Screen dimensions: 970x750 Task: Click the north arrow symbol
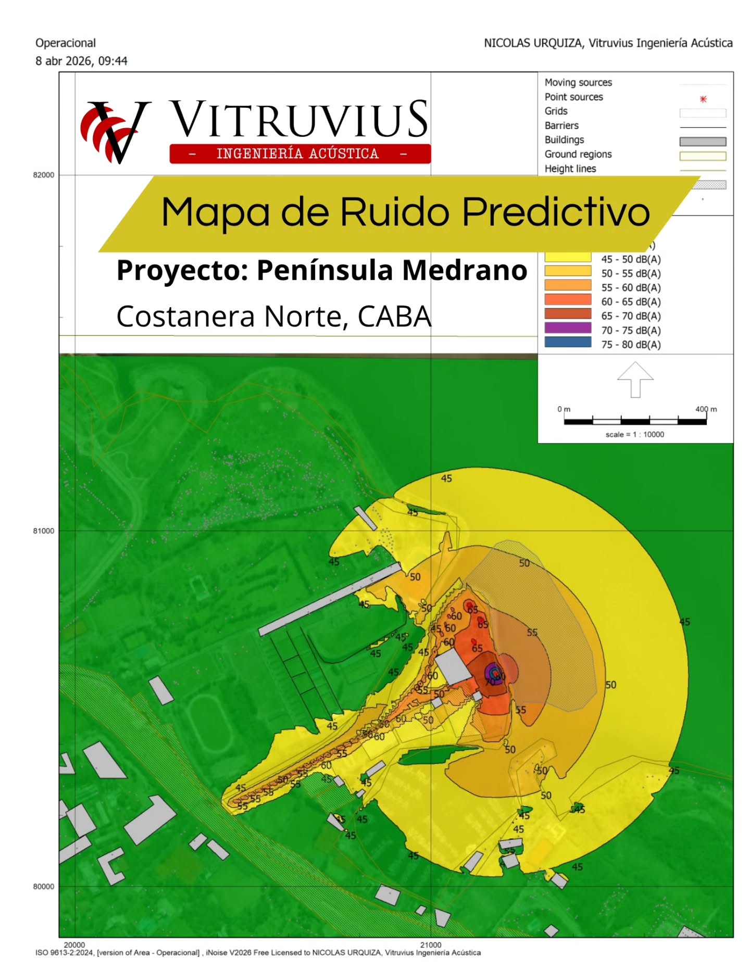(635, 380)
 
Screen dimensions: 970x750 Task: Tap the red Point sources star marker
(703, 99)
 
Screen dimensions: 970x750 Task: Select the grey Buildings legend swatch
(702, 142)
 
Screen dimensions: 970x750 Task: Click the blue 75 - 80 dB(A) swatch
(568, 342)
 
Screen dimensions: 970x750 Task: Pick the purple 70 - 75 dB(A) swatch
(568, 328)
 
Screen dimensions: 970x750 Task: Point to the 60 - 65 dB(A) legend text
(631, 302)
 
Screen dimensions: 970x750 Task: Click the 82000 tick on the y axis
(44, 175)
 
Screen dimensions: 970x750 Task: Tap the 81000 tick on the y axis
(44, 531)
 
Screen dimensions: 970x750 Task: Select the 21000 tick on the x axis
(431, 944)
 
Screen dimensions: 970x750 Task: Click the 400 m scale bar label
(706, 409)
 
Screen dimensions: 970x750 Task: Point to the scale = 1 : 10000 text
(634, 434)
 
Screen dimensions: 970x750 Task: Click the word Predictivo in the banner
(556, 212)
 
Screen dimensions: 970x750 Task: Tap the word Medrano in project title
(465, 271)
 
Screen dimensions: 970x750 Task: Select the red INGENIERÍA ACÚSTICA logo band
(299, 154)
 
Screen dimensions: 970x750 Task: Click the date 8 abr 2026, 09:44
(81, 61)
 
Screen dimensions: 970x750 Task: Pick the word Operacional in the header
(66, 43)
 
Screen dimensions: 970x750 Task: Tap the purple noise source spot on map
(492, 673)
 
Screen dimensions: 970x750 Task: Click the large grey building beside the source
(453, 666)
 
